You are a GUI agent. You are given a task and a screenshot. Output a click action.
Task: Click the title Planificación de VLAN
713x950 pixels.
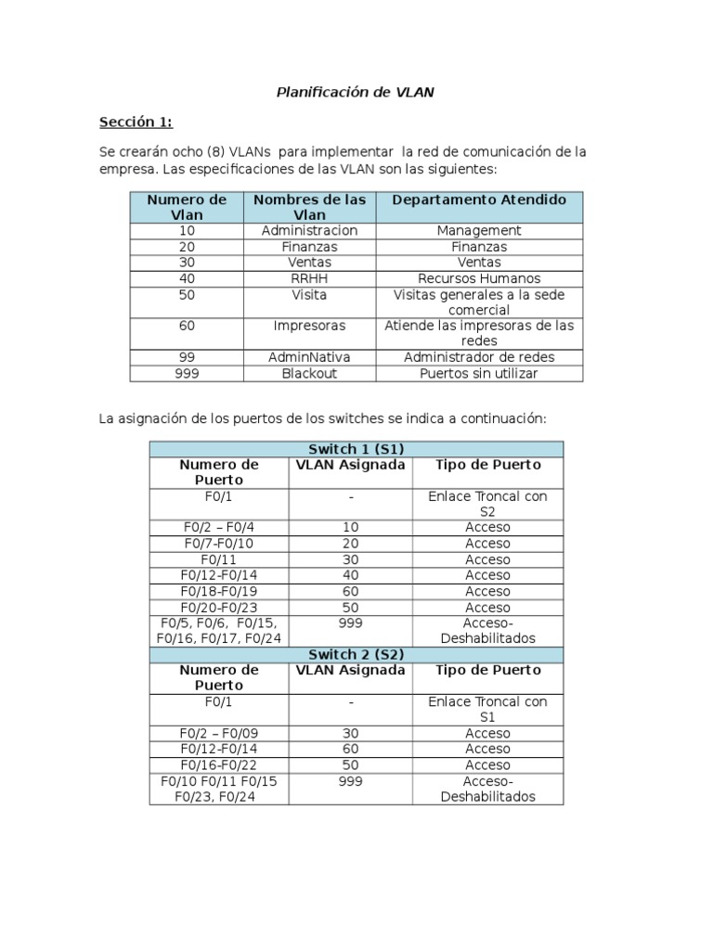point(356,92)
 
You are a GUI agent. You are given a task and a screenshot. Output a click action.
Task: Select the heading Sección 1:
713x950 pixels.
point(136,122)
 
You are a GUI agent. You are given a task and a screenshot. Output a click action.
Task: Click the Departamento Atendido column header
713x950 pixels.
point(479,199)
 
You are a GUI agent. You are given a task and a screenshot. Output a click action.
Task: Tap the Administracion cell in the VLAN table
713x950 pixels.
point(309,230)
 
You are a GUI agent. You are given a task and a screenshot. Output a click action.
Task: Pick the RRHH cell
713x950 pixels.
point(309,278)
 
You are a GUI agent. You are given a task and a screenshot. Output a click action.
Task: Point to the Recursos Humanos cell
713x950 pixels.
point(479,278)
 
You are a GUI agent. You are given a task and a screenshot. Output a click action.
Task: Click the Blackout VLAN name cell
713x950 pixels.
point(309,373)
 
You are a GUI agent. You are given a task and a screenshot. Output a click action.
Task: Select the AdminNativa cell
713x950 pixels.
point(309,357)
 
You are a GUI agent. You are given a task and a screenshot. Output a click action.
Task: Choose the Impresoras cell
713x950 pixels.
point(309,326)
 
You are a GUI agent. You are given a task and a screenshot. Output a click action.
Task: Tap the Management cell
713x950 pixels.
point(479,230)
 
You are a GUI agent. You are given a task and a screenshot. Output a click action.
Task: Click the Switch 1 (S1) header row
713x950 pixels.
point(356,449)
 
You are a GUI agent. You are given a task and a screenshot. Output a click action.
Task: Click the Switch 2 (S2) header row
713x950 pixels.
point(356,654)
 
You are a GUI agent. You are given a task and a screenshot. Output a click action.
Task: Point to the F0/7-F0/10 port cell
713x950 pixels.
point(218,544)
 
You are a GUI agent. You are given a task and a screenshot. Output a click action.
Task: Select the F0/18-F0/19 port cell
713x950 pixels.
point(218,591)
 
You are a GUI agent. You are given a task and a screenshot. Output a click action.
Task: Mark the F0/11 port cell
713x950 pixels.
point(218,559)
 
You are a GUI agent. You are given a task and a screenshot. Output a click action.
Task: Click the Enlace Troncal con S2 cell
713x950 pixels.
point(487,504)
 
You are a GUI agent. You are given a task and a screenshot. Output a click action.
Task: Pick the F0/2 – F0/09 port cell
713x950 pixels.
point(218,733)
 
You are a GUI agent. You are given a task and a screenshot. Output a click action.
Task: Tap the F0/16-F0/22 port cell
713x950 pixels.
point(218,765)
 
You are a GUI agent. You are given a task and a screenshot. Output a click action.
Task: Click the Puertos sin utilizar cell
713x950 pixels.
point(479,373)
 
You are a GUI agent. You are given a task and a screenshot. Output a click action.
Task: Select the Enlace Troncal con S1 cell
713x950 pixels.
point(487,709)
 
